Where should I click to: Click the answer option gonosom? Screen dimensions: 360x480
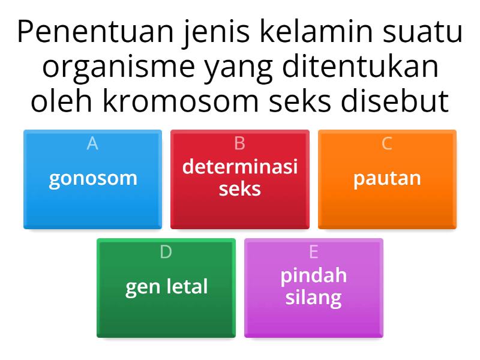coord(93,179)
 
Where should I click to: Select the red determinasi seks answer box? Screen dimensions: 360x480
coord(240,179)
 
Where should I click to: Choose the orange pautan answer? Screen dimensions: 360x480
coord(387,179)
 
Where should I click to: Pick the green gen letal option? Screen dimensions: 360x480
coord(166,287)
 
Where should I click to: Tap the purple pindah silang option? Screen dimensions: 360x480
coord(313,287)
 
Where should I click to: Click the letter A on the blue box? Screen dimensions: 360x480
coord(92,144)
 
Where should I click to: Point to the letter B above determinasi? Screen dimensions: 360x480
coord(240,144)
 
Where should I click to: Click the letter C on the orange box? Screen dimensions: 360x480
coord(387,144)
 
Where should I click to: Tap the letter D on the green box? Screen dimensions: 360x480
coord(166,253)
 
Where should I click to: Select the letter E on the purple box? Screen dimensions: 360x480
coord(313,253)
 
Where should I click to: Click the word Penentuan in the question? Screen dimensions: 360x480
coord(95,33)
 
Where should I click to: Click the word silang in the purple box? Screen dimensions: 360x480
coord(313,298)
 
